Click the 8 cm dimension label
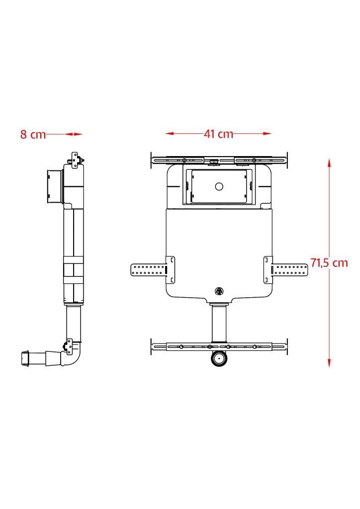click(x=33, y=134)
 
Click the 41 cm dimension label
click(x=218, y=134)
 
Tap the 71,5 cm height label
click(x=329, y=262)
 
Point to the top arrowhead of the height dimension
click(x=329, y=163)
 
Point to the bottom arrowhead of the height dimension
click(x=329, y=363)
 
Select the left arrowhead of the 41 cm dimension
click(x=169, y=133)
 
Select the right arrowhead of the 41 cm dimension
click(x=268, y=133)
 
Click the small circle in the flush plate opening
click(x=219, y=187)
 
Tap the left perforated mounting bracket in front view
click(x=153, y=270)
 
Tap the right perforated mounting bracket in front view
click(x=285, y=270)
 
